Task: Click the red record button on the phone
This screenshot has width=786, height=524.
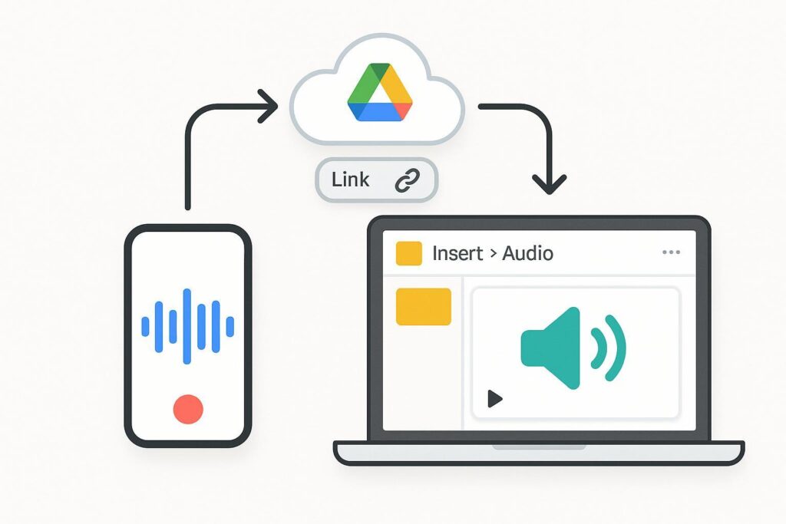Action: pyautogui.click(x=188, y=409)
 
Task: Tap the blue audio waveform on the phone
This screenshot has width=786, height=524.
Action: pyautogui.click(x=188, y=326)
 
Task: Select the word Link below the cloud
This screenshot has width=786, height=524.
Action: pyautogui.click(x=351, y=180)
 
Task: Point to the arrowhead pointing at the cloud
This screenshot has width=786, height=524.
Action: pyautogui.click(x=269, y=105)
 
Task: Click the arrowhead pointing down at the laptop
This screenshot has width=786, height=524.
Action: pyautogui.click(x=549, y=184)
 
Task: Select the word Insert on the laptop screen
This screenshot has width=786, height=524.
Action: pyautogui.click(x=457, y=253)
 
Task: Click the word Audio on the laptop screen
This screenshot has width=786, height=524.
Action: pyautogui.click(x=528, y=253)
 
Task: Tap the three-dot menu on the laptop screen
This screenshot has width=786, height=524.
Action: pyautogui.click(x=670, y=252)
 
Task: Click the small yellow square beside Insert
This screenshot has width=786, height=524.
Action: pyautogui.click(x=408, y=253)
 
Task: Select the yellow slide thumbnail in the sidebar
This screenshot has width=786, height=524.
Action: pyautogui.click(x=423, y=306)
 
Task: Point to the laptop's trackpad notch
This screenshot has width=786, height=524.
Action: pyautogui.click(x=539, y=446)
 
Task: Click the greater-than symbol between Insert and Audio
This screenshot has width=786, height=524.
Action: pyautogui.click(x=492, y=254)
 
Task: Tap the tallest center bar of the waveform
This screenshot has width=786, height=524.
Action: pyautogui.click(x=187, y=326)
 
